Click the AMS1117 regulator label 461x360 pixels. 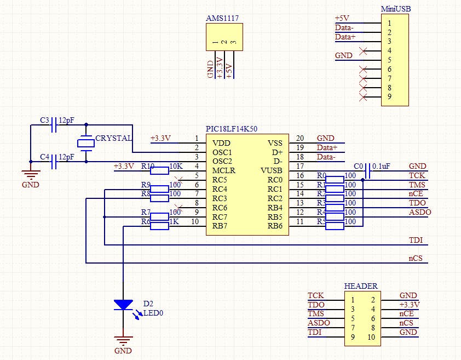point(222,18)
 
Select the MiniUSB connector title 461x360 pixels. point(395,9)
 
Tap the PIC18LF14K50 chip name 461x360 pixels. point(231,129)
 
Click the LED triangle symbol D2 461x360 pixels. point(123,305)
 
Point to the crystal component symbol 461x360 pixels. point(86,143)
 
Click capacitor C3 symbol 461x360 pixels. point(54,127)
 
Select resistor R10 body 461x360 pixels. point(159,171)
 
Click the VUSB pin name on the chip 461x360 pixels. point(272,170)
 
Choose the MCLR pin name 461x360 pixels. point(223,170)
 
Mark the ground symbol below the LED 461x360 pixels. point(123,340)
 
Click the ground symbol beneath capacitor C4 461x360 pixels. point(31,175)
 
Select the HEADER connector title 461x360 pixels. point(360,286)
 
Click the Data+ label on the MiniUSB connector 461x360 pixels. point(345,37)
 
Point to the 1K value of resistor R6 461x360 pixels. point(175,221)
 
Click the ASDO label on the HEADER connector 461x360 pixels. point(319,323)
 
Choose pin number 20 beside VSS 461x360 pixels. point(299,138)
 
